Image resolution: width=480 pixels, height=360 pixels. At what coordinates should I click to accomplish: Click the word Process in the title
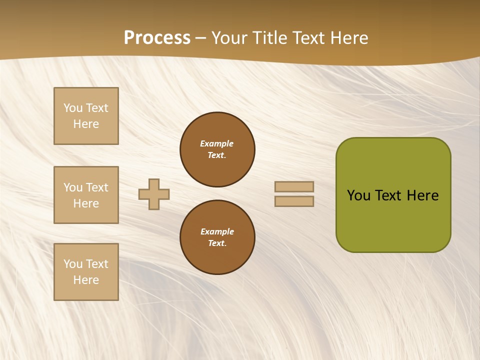[157, 38]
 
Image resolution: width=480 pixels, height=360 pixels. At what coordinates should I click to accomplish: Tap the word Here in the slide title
[348, 38]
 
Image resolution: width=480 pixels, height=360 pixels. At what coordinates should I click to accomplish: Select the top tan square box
[86, 116]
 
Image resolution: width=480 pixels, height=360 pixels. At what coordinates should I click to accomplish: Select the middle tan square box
[86, 195]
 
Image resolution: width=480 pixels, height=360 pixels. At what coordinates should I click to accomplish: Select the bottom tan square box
[86, 272]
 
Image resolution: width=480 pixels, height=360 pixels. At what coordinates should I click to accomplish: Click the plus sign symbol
[154, 194]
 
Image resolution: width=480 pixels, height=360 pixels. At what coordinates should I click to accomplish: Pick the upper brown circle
[217, 149]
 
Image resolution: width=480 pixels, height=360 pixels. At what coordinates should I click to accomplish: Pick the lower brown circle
[217, 237]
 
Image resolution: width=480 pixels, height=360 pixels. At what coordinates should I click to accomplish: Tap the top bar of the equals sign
[294, 186]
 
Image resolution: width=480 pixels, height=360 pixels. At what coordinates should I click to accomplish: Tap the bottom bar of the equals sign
[294, 201]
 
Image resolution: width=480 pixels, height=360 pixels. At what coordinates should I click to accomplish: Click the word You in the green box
[359, 195]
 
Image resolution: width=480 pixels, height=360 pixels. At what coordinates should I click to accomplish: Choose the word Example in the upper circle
[217, 143]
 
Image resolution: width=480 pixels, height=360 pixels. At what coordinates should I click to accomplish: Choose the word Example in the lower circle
[217, 231]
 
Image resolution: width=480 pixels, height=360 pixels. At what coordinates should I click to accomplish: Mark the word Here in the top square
[86, 124]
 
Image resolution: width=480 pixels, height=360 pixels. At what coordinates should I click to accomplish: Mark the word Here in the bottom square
[86, 280]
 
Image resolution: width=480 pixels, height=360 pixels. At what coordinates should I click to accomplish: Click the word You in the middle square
[72, 187]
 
